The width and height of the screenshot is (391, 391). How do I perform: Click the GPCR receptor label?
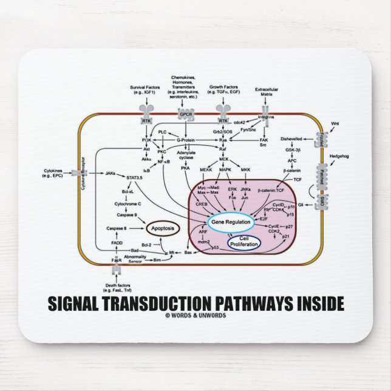[185, 114]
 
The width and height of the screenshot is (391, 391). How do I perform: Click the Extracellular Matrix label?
[265, 92]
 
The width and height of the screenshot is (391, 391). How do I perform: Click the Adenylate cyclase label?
[186, 155]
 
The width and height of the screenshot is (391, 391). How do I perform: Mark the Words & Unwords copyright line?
[195, 314]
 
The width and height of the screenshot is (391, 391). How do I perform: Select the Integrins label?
[266, 116]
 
